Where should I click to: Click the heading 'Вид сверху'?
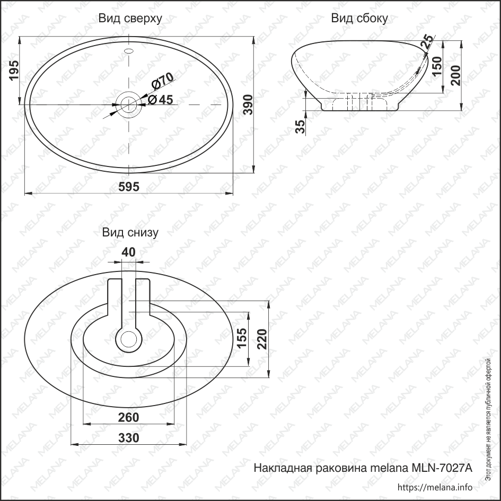click(x=130, y=19)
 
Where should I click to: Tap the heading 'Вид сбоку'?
click(x=359, y=19)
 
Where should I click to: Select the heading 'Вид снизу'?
click(x=130, y=233)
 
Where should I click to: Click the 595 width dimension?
click(x=129, y=187)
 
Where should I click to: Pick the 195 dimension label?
click(x=14, y=71)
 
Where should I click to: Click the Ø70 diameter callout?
click(x=162, y=81)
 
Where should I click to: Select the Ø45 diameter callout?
click(x=161, y=100)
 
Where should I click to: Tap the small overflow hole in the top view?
click(x=129, y=51)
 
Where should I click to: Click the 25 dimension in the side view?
click(x=427, y=42)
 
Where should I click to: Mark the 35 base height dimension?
click(x=300, y=127)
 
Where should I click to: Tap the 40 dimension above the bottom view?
click(x=129, y=252)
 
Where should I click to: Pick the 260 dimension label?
click(x=129, y=417)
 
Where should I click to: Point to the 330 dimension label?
click(x=129, y=438)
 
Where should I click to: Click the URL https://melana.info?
click(x=434, y=487)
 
